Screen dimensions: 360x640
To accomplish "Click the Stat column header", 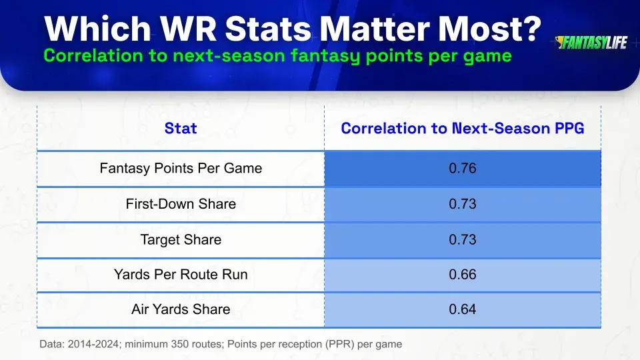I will click(x=181, y=128).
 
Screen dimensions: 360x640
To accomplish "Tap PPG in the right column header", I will click(x=567, y=128).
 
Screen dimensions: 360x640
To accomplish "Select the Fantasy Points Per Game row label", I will click(x=181, y=169).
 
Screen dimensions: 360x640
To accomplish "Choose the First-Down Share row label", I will click(x=181, y=204).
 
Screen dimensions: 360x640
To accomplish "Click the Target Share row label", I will click(x=181, y=239).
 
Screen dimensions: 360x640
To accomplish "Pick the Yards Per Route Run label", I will click(x=181, y=274).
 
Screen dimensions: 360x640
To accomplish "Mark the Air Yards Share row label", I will click(x=181, y=309).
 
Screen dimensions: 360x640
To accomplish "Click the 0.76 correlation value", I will click(x=462, y=169).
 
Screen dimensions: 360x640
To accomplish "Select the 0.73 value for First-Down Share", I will click(x=462, y=204).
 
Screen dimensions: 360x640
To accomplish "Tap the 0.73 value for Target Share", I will click(x=462, y=239).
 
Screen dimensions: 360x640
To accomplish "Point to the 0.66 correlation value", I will click(x=462, y=274).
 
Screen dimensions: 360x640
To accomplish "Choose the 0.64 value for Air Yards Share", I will click(x=462, y=309).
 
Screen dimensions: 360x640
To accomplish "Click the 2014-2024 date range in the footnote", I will click(x=89, y=345).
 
